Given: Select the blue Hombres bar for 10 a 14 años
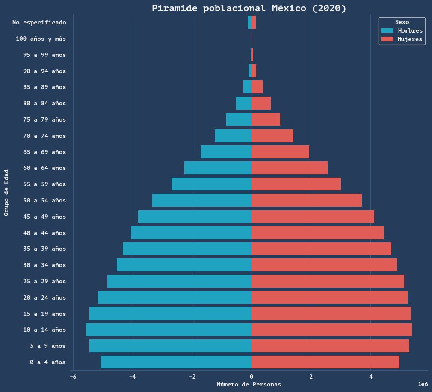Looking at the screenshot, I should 169,330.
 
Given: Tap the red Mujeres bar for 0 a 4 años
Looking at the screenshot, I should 325,362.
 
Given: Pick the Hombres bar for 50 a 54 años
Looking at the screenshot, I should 202,200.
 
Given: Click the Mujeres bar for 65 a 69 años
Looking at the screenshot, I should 280,152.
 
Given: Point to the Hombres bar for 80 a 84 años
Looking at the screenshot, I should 244,103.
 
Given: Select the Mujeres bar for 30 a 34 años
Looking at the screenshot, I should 324,265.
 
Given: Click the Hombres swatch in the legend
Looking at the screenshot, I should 387,30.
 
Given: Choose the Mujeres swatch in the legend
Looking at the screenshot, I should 387,39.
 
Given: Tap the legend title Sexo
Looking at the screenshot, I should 402,22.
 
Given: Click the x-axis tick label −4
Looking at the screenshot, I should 133,377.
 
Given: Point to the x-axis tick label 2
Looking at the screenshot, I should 311,377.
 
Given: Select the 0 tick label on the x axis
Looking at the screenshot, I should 252,377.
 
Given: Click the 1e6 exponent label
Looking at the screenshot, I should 423,384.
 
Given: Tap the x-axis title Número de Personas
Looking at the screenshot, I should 249,384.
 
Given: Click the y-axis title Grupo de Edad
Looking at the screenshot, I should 6,193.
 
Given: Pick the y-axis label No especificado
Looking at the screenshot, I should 39,22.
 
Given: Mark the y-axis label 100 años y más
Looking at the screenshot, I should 41,39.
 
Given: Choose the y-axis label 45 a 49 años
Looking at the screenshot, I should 44,217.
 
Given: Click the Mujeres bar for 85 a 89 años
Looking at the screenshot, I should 257,87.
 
